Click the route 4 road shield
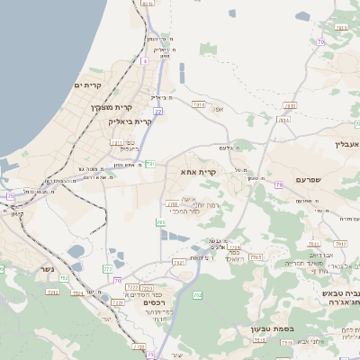[x=144, y=61]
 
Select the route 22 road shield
[x=157, y=112]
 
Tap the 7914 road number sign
[x=199, y=104]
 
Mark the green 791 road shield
[x=150, y=164]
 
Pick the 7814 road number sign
[x=284, y=119]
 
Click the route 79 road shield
[x=278, y=184]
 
